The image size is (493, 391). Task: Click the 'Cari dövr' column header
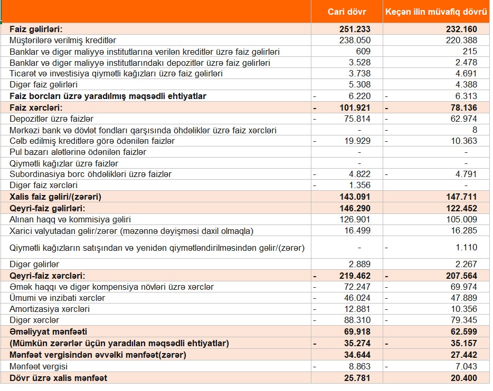click(x=347, y=12)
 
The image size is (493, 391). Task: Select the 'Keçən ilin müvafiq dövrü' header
click(x=436, y=12)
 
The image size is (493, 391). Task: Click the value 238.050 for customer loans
click(x=356, y=40)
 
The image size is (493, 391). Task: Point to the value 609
click(x=363, y=51)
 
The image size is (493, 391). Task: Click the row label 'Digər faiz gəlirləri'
click(x=44, y=84)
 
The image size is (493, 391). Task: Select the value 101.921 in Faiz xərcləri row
click(x=354, y=107)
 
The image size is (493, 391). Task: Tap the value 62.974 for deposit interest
click(x=462, y=119)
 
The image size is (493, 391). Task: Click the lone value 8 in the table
click(x=475, y=130)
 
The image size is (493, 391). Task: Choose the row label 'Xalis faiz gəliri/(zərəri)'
click(x=55, y=197)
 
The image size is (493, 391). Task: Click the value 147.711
click(x=461, y=197)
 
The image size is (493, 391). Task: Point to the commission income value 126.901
click(x=356, y=219)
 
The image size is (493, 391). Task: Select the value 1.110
click(x=466, y=247)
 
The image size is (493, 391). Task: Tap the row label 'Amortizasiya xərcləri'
click(x=50, y=309)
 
